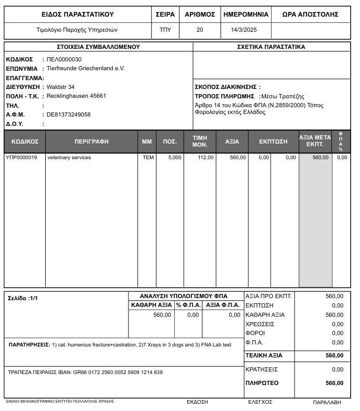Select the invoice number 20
[x=200, y=30]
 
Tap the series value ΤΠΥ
[x=165, y=30]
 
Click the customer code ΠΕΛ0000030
[x=64, y=59]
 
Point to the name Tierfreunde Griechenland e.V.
[x=86, y=68]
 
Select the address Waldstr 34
[x=61, y=87]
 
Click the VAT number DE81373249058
[x=69, y=114]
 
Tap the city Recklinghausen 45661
[x=76, y=96]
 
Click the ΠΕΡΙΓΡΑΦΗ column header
[x=92, y=142]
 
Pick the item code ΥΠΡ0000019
[x=21, y=158]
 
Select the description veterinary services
[x=69, y=158]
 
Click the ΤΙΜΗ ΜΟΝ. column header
[x=200, y=142]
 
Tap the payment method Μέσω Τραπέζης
[x=282, y=96]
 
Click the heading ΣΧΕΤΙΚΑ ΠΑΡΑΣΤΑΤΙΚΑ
[x=271, y=47]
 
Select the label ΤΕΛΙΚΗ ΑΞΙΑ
[x=264, y=356]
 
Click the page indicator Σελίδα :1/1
[x=23, y=299]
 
